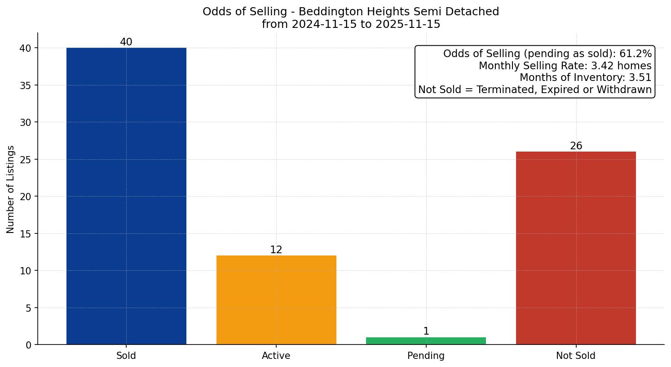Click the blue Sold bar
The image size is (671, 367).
[126, 196]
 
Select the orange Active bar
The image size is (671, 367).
[276, 300]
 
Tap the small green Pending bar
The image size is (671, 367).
[426, 341]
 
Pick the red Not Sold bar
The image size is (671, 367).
[576, 248]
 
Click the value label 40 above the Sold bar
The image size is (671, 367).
[126, 42]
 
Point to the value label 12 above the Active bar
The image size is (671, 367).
[276, 250]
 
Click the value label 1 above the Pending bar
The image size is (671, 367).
[426, 331]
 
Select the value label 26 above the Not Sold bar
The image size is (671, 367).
[576, 146]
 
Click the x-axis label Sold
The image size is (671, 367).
[126, 356]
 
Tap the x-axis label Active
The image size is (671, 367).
[276, 356]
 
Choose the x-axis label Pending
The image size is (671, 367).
[426, 356]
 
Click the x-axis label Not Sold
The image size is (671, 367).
[576, 356]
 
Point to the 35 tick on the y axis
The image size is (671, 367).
[26, 85]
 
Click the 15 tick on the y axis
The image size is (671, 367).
[26, 234]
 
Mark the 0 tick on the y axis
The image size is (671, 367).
[28, 345]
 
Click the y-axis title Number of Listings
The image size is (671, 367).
[11, 189]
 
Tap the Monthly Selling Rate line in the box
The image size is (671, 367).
[565, 66]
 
